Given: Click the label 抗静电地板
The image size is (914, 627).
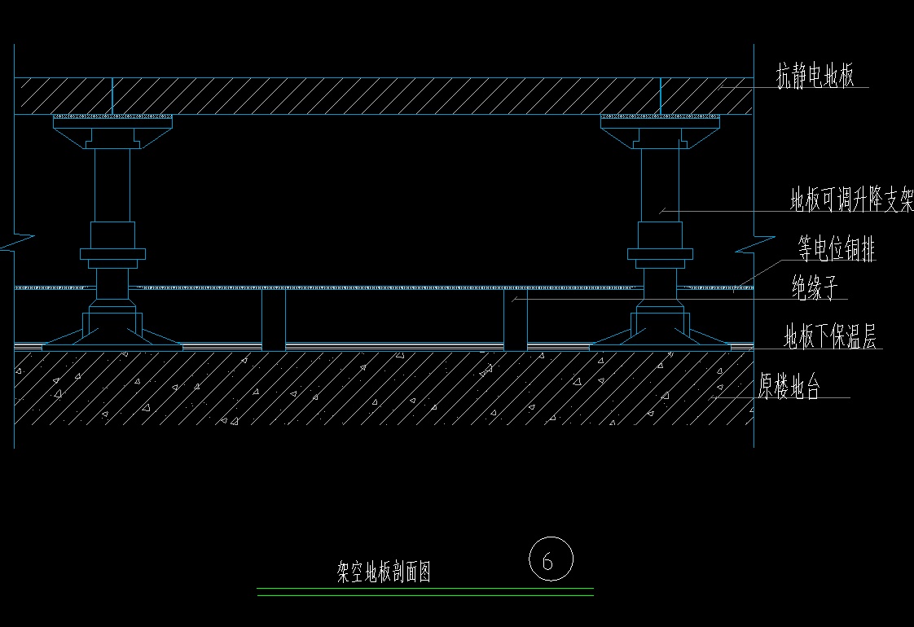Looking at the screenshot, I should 814,77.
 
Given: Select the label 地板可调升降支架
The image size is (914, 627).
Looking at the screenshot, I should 851,200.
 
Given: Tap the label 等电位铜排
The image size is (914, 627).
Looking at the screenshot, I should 837,249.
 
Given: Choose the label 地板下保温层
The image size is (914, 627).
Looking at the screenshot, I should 829,336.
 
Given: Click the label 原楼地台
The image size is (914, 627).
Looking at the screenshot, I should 789,388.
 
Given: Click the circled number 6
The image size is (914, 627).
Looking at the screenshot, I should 551,560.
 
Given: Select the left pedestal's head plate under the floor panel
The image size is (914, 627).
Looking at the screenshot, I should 113,121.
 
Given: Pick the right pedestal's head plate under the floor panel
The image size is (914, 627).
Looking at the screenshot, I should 661,121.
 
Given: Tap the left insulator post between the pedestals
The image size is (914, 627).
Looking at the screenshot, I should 274,319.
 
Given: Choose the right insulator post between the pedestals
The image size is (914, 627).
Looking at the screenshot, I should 515,319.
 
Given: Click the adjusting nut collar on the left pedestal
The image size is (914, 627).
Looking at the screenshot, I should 112,253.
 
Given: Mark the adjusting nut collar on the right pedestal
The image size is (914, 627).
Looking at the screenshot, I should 660,253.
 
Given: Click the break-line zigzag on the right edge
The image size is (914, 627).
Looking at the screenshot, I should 754,243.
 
